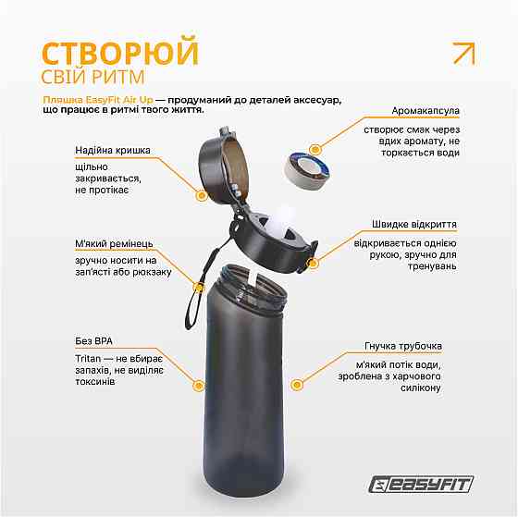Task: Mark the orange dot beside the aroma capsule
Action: pos(314,147)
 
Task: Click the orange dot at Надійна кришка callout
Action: pos(201,195)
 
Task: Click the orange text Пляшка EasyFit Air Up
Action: pos(96,99)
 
